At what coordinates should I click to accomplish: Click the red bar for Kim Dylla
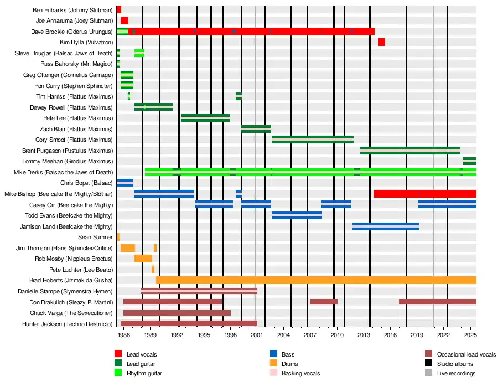[382, 42]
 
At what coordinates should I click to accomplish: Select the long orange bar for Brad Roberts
[316, 280]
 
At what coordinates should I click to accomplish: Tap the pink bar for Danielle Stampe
[199, 291]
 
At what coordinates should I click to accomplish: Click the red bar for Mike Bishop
[425, 194]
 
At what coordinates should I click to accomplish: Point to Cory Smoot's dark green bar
[313, 140]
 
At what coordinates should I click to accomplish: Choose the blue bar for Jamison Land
[386, 226]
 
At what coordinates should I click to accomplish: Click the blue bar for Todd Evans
[297, 215]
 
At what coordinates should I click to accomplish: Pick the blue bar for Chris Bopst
[124, 183]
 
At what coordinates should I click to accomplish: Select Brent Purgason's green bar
[410, 150]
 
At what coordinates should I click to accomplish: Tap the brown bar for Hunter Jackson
[189, 323]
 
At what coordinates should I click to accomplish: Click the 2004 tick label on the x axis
[283, 335]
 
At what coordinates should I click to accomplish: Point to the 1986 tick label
[124, 335]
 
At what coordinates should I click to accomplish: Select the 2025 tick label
[470, 335]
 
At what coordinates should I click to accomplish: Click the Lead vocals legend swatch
[118, 354]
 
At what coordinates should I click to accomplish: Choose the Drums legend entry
[289, 364]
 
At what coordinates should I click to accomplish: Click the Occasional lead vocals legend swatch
[428, 354]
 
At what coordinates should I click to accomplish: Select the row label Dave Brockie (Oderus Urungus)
[72, 32]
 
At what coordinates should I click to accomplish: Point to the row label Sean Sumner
[95, 237]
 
